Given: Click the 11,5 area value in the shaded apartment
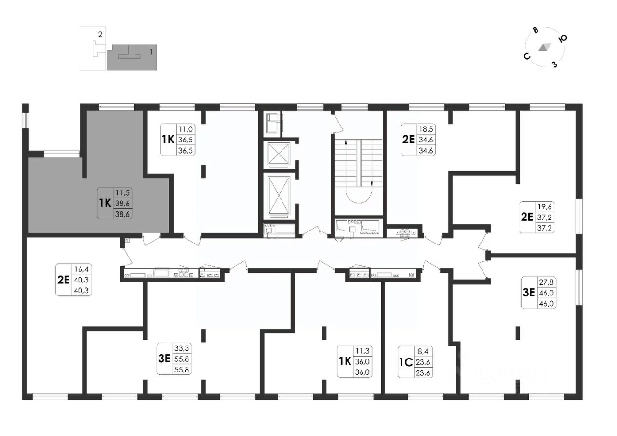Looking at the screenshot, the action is click(x=122, y=192).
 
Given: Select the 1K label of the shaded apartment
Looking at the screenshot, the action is click(x=105, y=204).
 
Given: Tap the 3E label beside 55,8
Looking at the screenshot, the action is click(x=164, y=359).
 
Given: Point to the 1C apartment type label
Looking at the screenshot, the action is click(x=406, y=362).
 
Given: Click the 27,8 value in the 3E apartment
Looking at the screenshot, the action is click(x=546, y=282).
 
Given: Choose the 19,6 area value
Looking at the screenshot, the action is click(x=545, y=206).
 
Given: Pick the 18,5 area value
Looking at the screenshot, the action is click(x=426, y=129).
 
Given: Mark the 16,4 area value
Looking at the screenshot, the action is click(x=81, y=269).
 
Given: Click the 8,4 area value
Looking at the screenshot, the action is click(x=423, y=351).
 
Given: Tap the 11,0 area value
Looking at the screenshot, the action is click(x=186, y=129).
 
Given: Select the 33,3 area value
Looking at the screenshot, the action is click(x=182, y=348).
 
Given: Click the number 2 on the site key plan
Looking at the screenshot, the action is click(x=100, y=34).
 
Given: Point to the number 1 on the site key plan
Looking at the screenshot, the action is click(x=151, y=51).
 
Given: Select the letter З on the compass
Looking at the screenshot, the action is click(x=554, y=64).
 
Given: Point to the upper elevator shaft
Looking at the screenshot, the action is click(x=279, y=154).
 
